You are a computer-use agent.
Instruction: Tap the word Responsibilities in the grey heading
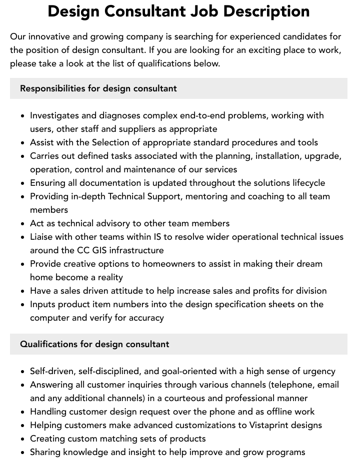point(52,88)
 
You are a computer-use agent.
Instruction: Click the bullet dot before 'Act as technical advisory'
point(22,224)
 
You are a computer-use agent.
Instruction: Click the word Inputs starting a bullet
point(43,304)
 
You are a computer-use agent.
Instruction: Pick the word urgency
point(318,371)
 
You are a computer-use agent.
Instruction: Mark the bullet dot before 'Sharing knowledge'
point(22,453)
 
